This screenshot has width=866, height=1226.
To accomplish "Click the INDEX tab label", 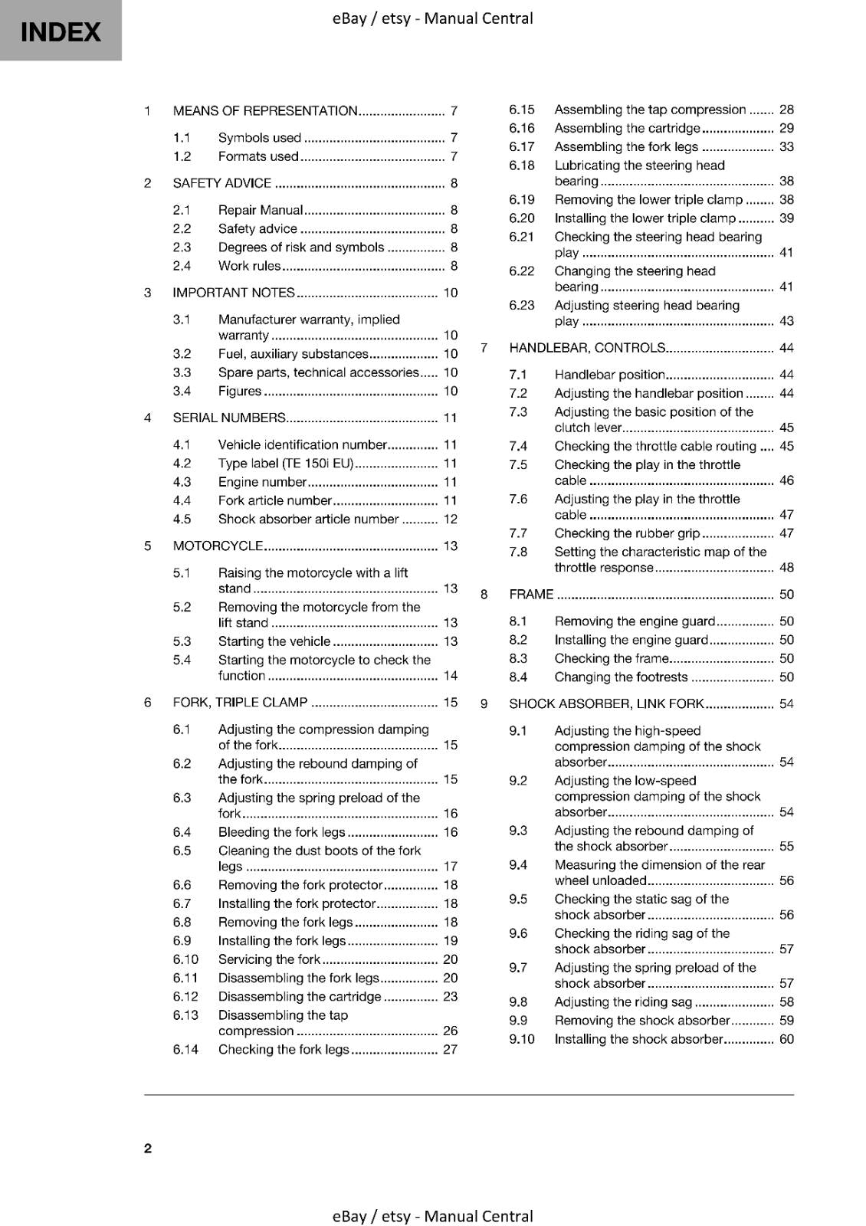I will [61, 32].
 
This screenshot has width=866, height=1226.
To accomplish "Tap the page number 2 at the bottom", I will [148, 1148].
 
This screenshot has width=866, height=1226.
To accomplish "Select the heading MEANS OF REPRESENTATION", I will [265, 110].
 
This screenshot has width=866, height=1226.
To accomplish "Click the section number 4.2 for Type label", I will [182, 464].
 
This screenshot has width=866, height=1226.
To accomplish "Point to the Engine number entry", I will [262, 482].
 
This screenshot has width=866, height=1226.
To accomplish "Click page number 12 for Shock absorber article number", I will [450, 520].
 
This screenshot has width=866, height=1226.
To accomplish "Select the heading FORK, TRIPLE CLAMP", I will [240, 702].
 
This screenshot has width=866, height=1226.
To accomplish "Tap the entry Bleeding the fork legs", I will [281, 832].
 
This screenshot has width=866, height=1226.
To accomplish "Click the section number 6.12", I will [185, 997].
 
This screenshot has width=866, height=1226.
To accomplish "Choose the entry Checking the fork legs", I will [284, 1050].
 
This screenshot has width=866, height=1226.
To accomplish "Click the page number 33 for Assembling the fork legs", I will [786, 147].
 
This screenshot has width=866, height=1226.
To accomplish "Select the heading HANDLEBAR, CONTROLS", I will [587, 348].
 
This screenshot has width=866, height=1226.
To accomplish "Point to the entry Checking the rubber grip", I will [627, 533].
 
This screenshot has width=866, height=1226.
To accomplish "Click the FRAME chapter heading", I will [531, 595].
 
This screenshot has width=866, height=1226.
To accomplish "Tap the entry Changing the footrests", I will [621, 677].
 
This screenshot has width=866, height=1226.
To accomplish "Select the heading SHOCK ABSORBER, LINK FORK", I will [606, 703].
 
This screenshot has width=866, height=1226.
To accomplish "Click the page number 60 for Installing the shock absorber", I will [786, 1040].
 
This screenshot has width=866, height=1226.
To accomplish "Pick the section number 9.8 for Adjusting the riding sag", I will [518, 1002].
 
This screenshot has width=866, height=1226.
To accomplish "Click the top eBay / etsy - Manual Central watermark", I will [432, 18].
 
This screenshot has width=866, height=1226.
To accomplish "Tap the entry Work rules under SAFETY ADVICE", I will [249, 266].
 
